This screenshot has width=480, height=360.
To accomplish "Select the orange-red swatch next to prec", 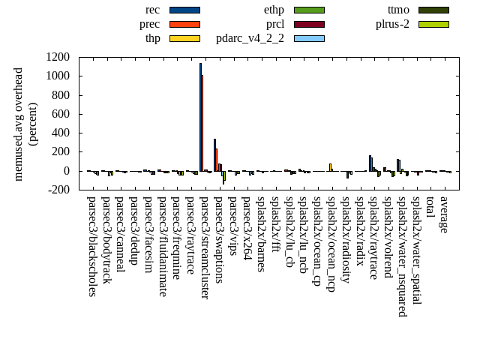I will [x=184, y=24].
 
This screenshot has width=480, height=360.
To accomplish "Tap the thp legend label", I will [x=153, y=37].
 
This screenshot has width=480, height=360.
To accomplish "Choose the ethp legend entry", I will [x=274, y=10].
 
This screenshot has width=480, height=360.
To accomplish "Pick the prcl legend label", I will [x=275, y=24].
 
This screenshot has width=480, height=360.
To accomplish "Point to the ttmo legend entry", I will [x=398, y=10].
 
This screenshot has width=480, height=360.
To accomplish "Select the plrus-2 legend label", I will [x=392, y=24].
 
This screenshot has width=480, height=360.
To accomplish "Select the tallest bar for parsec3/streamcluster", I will [x=200, y=117].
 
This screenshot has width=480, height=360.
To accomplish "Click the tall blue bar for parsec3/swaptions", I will [x=214, y=154].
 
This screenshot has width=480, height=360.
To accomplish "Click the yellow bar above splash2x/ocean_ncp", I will [x=330, y=167].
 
